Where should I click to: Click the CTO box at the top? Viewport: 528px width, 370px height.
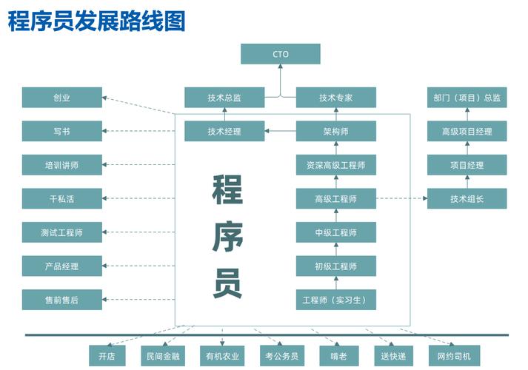pos(281,54)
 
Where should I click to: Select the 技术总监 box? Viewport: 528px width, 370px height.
pos(224,98)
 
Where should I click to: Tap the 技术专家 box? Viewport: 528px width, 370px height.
pos(336,98)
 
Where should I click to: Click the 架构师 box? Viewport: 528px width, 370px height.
pos(336,132)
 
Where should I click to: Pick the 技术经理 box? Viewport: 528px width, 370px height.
pos(224,132)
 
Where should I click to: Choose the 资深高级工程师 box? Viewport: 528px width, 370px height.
pos(336,165)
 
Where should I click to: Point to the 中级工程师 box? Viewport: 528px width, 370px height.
pos(336,232)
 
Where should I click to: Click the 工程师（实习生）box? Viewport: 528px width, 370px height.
pos(336,300)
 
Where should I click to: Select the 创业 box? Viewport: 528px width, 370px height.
pos(61,98)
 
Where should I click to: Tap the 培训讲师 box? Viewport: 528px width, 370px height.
pos(61,165)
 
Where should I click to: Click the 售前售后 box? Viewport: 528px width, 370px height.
pos(61,300)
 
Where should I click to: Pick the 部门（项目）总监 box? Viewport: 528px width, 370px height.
pos(467,98)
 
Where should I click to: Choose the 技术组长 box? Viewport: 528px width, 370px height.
pos(467,199)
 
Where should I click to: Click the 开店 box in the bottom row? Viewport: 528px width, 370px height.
pos(107,356)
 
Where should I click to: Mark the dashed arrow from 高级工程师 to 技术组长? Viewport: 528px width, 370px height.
pos(401,199)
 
